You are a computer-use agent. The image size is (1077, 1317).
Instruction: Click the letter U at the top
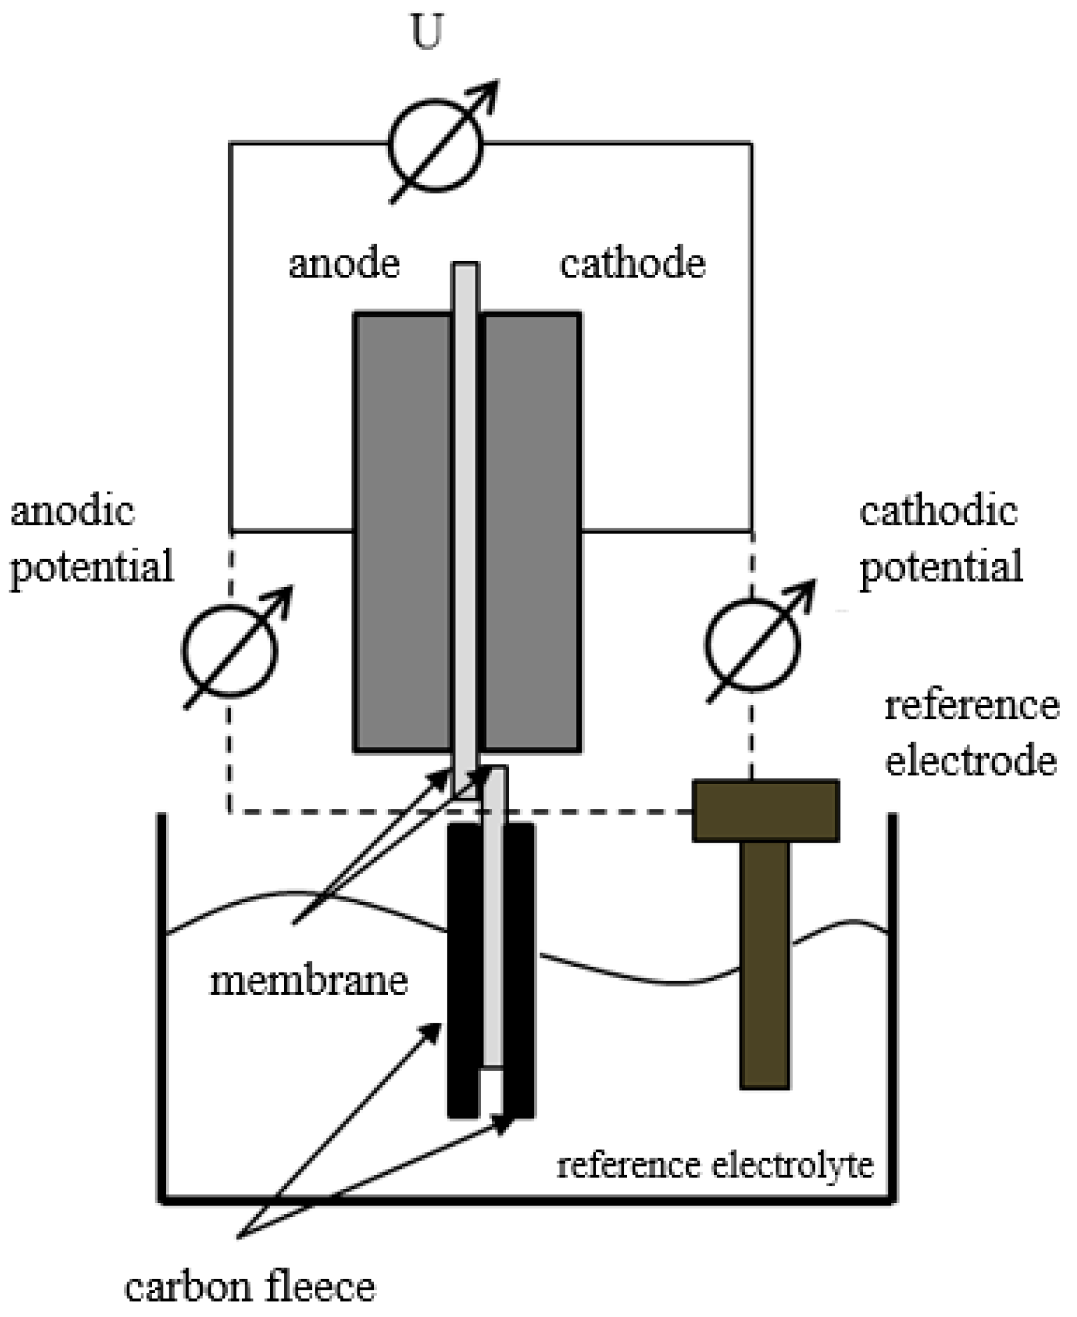(x=426, y=32)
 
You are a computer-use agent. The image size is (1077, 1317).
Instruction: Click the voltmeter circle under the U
(x=435, y=145)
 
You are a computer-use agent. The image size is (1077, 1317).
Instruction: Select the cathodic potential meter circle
(x=752, y=644)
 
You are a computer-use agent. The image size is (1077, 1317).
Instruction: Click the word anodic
(x=73, y=512)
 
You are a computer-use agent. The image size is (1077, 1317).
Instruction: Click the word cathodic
(x=938, y=512)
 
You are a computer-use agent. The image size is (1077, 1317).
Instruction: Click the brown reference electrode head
(x=765, y=810)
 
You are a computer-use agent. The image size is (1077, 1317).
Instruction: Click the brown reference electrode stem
(x=764, y=961)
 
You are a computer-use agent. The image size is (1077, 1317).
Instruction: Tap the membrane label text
(x=309, y=981)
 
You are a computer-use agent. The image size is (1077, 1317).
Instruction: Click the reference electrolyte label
(x=715, y=1166)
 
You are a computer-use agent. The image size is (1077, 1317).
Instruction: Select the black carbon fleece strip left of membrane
(x=463, y=967)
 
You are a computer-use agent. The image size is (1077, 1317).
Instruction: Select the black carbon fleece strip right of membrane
(x=519, y=967)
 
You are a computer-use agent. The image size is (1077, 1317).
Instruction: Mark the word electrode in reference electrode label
(x=971, y=761)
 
